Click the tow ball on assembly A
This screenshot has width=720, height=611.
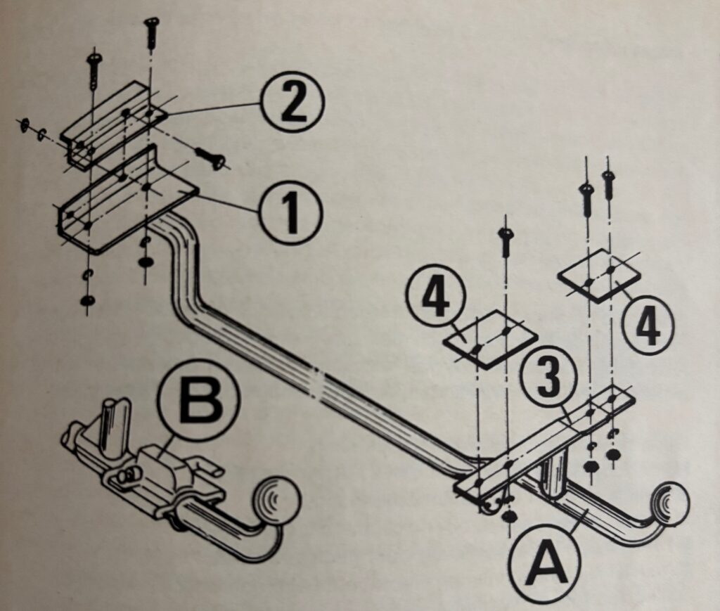669,502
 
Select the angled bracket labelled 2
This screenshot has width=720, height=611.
112,123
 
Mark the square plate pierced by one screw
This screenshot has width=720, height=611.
491,338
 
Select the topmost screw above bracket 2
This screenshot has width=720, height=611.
150,32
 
